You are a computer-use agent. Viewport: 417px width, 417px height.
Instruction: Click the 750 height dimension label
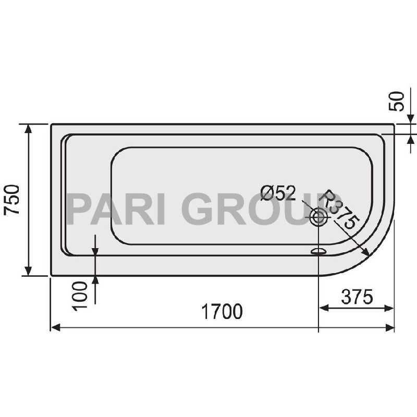tap(12, 200)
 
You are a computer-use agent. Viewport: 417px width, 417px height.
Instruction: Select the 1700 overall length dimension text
tap(222, 312)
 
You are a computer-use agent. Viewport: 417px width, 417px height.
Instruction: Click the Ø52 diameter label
tap(278, 194)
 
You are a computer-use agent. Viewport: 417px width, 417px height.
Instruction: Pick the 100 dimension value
tap(81, 295)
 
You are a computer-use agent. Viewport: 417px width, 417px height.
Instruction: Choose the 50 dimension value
tap(398, 102)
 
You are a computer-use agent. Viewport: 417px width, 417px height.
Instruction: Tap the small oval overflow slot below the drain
tap(318, 252)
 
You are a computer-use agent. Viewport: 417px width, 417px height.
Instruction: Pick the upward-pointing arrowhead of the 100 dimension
tap(95, 280)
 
